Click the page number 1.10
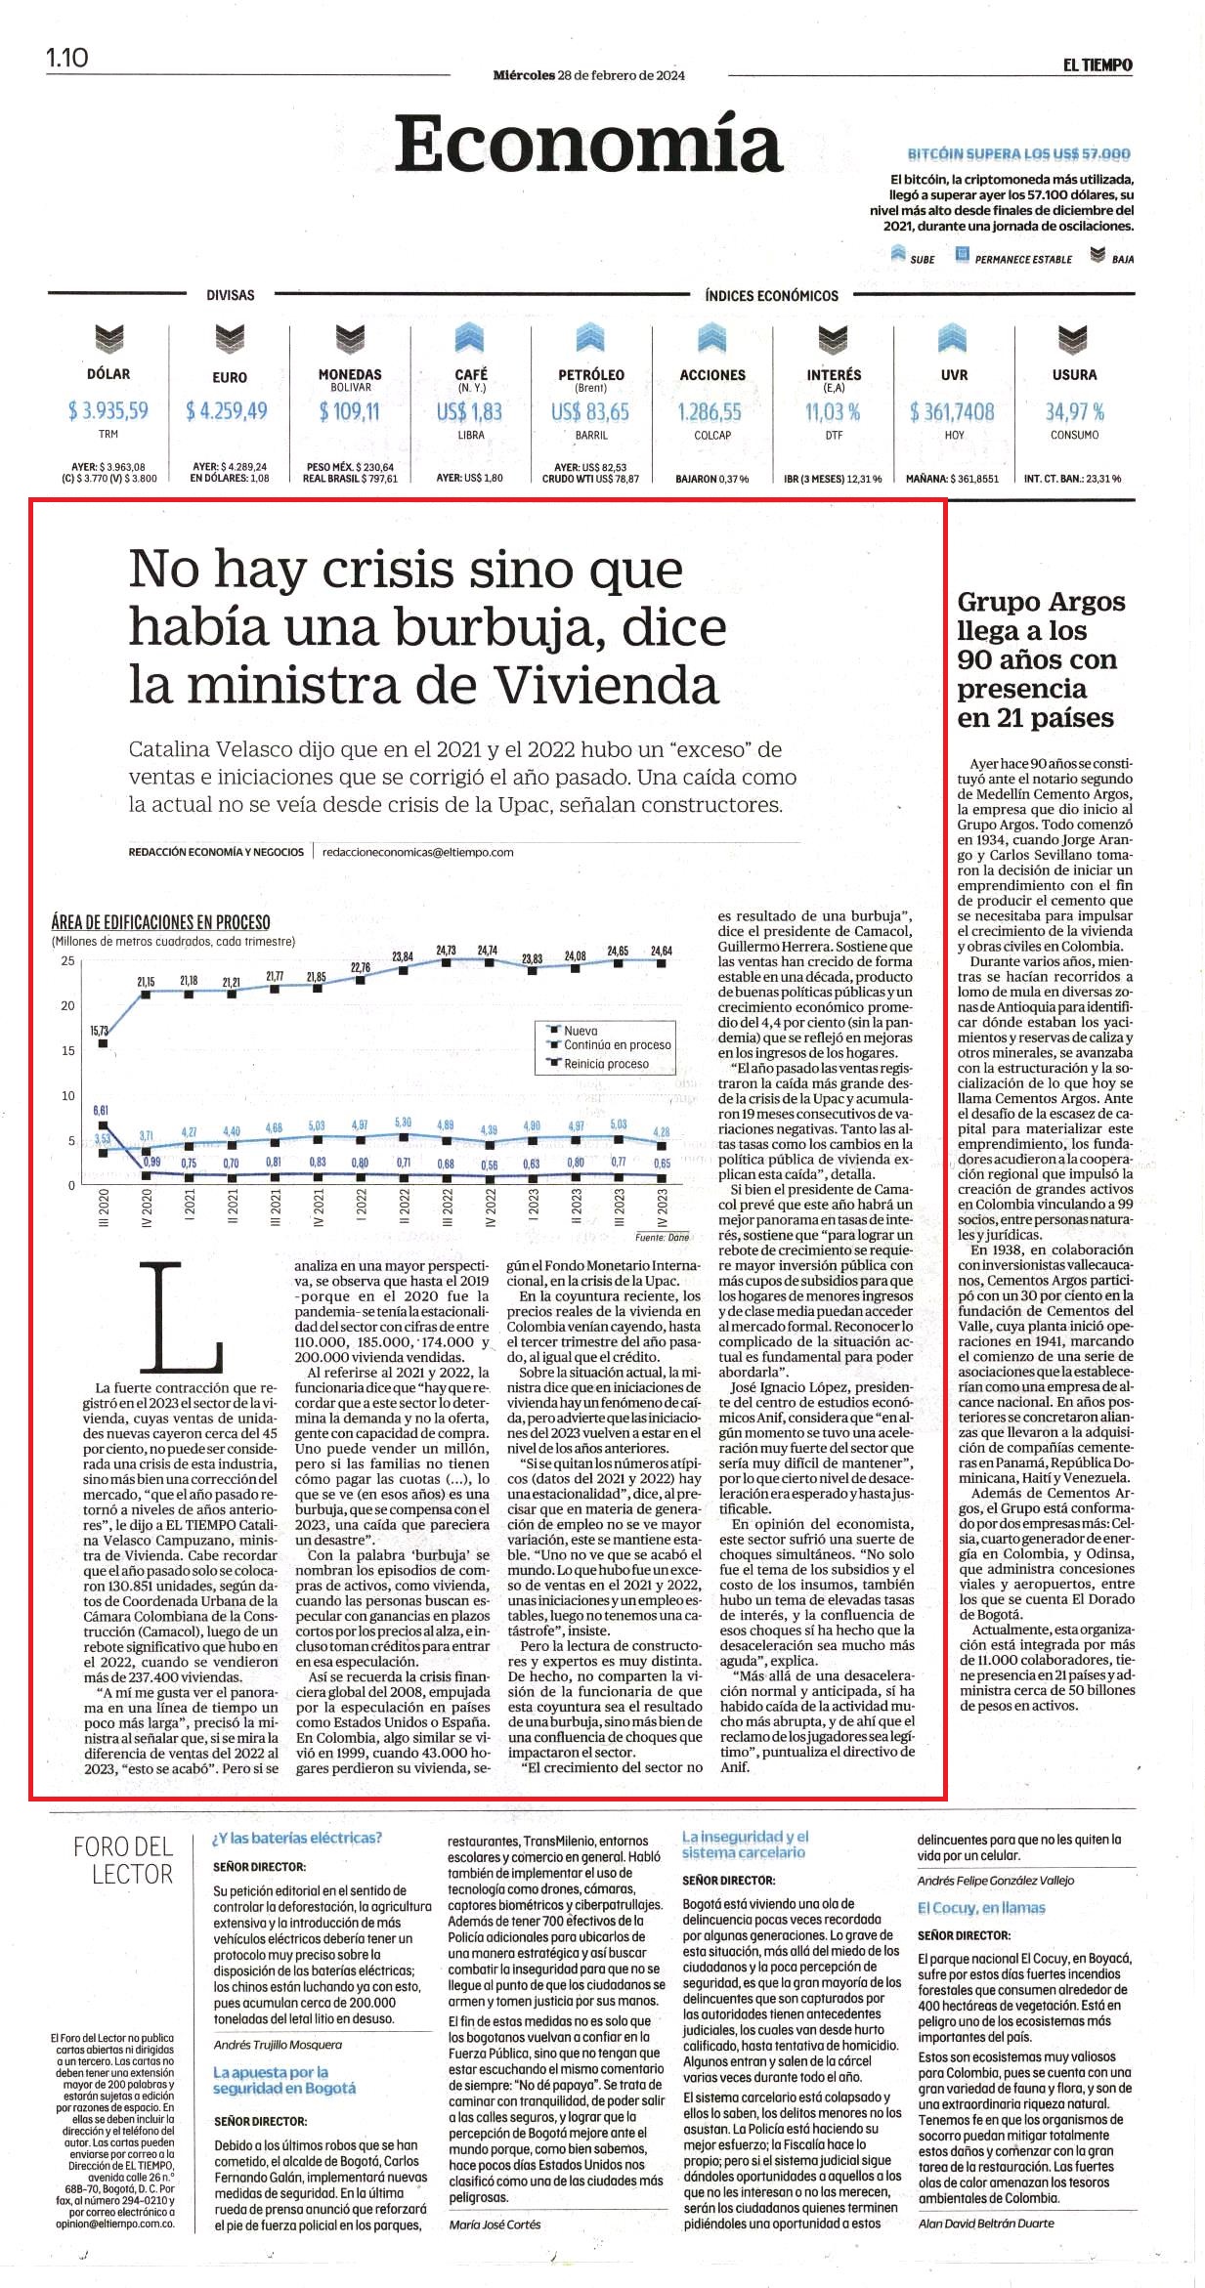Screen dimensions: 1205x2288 pyautogui.click(x=66, y=58)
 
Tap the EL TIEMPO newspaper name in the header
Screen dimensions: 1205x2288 pyautogui.click(x=1097, y=65)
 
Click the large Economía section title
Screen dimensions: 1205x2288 pyautogui.click(x=588, y=143)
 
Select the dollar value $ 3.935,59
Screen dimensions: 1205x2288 pyautogui.click(x=108, y=410)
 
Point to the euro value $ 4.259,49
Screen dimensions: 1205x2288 pyautogui.click(x=227, y=411)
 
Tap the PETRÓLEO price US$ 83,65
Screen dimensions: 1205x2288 pyautogui.click(x=590, y=412)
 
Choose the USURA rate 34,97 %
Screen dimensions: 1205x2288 pyautogui.click(x=1075, y=412)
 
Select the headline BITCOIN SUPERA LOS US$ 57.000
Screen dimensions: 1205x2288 pyautogui.click(x=1019, y=154)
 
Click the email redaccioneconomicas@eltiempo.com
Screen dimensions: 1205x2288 pyautogui.click(x=418, y=852)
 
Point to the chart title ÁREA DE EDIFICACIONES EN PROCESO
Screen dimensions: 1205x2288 pyautogui.click(x=161, y=922)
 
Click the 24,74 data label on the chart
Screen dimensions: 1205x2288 pyautogui.click(x=488, y=950)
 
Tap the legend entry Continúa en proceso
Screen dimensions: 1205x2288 pyautogui.click(x=618, y=1045)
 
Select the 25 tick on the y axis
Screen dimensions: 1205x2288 pyautogui.click(x=67, y=961)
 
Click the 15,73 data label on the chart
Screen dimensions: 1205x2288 pyautogui.click(x=100, y=1030)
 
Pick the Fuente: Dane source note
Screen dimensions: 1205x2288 pyautogui.click(x=662, y=1237)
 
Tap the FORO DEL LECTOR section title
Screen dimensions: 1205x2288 pyautogui.click(x=123, y=1860)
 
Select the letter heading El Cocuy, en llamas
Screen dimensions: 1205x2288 pyautogui.click(x=981, y=1908)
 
